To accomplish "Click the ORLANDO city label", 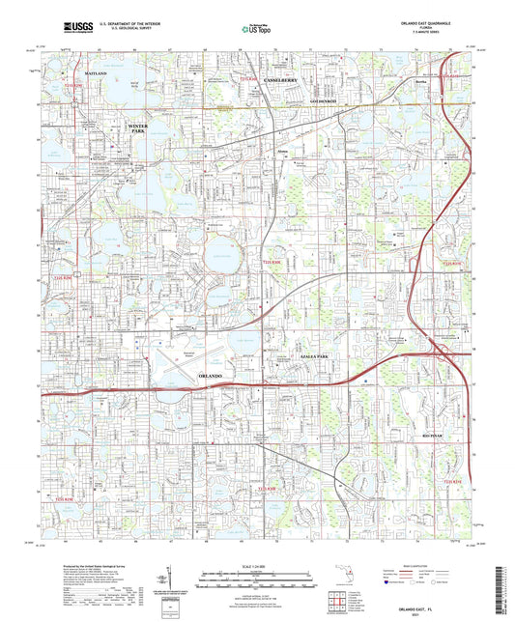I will click(210, 375).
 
